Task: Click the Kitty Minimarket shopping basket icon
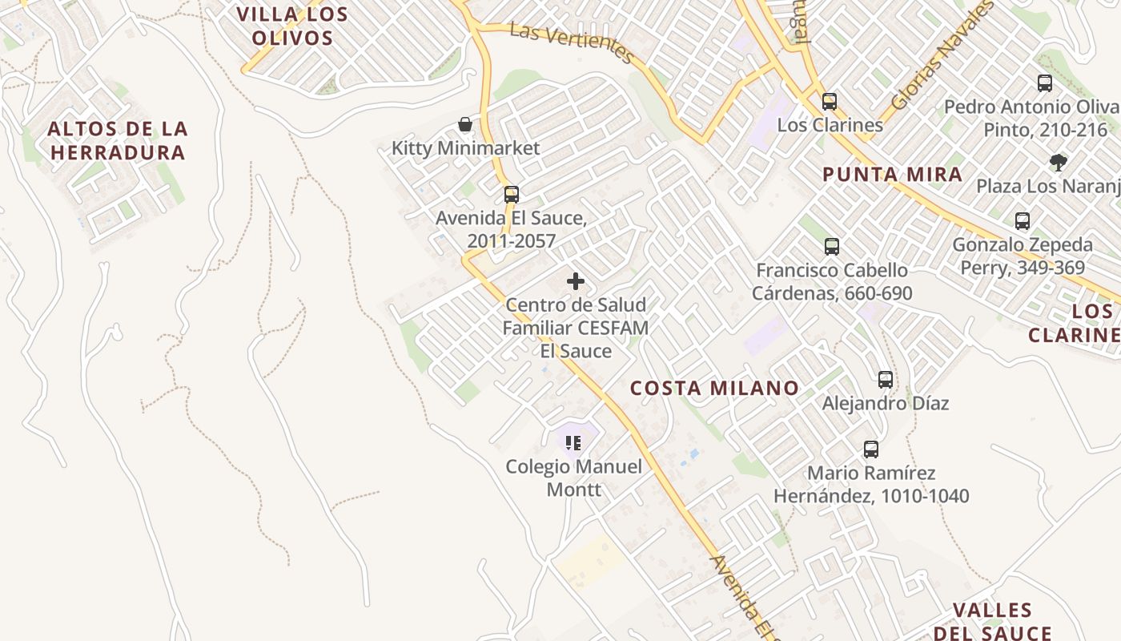coord(464,124)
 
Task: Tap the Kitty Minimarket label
coord(465,148)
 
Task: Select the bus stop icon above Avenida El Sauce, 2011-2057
coord(511,194)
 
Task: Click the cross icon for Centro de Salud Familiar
coord(575,281)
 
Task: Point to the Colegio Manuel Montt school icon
coord(573,442)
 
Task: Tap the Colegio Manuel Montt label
coord(573,478)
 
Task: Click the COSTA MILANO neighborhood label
coord(714,389)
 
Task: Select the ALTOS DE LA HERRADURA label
coord(117,140)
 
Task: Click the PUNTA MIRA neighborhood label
coord(892,175)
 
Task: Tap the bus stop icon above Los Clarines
coord(830,102)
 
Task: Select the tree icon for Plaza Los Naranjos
coord(1059,163)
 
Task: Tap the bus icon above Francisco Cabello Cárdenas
coord(832,246)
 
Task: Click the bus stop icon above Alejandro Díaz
coord(886,380)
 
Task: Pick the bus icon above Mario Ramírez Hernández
coord(871,450)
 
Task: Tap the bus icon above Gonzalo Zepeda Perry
coord(1023,221)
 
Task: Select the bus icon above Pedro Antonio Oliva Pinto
coord(1044,83)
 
